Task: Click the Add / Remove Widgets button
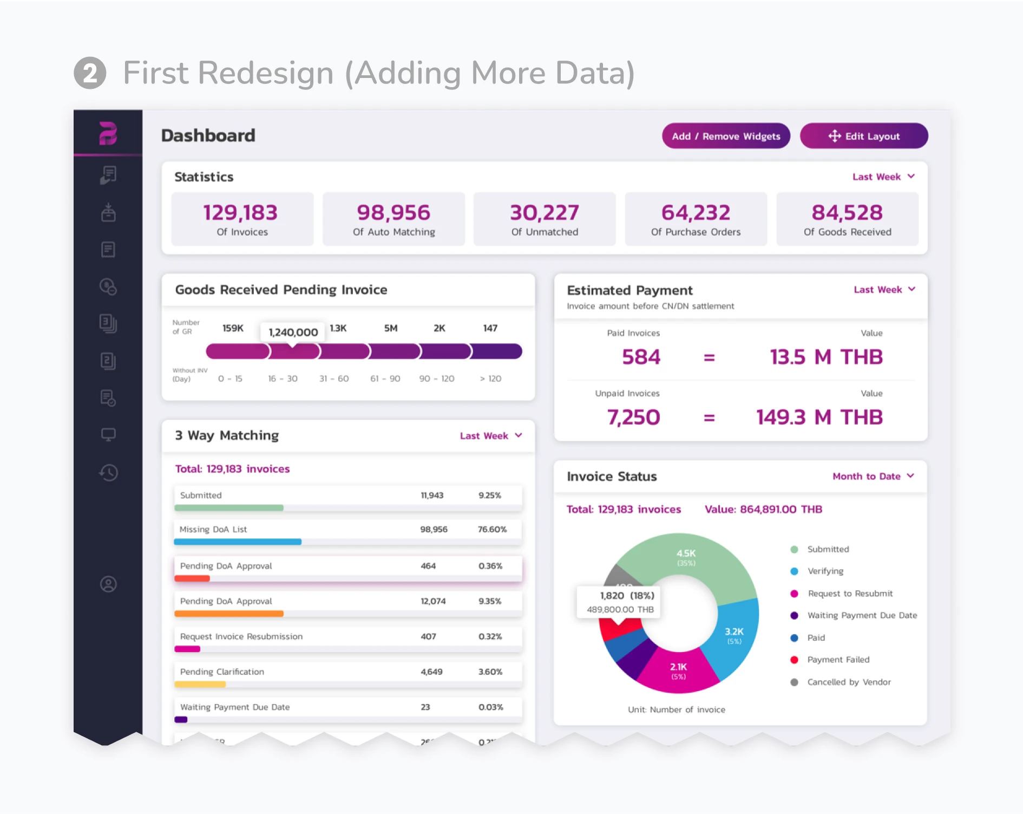coord(726,136)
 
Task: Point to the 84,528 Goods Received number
coord(847,213)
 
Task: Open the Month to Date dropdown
coord(873,476)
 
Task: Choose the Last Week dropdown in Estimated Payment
coord(883,290)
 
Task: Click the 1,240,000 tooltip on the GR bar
coord(293,332)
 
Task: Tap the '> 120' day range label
coord(490,379)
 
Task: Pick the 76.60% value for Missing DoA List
coord(492,529)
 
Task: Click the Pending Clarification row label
coord(222,672)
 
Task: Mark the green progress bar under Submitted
coord(229,508)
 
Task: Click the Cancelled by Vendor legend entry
coord(849,682)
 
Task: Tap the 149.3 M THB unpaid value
coord(819,417)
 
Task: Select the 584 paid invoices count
coord(641,357)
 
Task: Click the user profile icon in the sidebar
coord(108,584)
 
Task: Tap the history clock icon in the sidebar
coord(108,473)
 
